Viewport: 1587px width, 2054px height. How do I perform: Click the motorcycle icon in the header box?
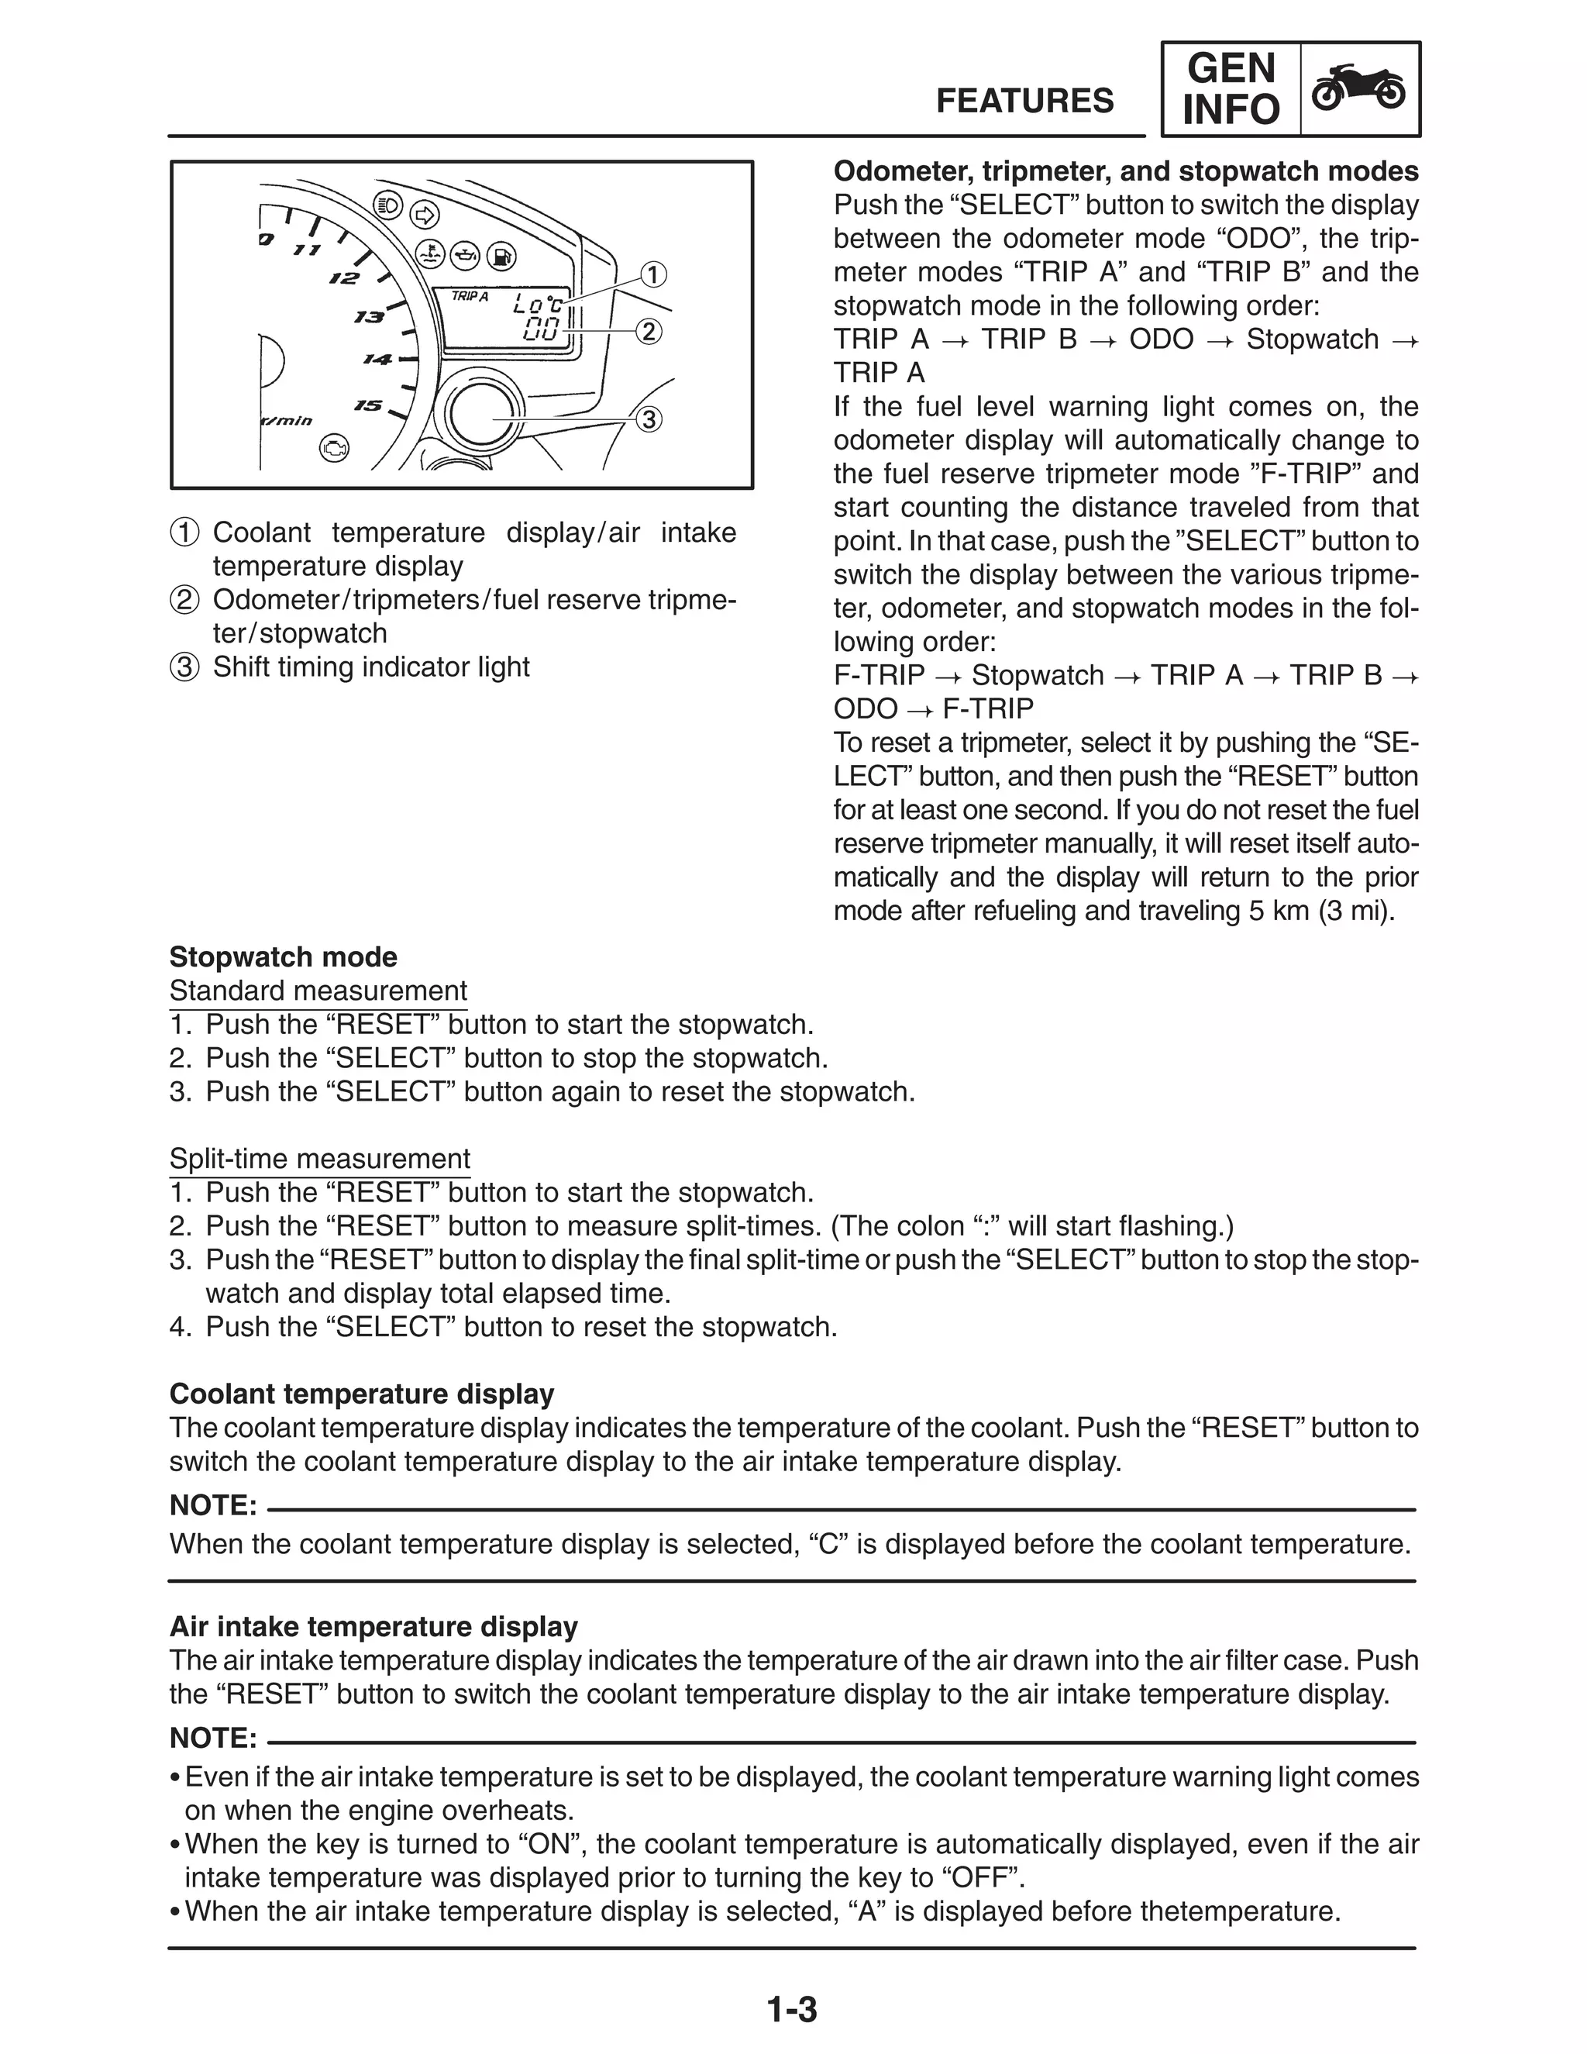click(x=1359, y=88)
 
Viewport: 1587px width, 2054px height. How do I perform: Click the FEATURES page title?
click(x=1024, y=101)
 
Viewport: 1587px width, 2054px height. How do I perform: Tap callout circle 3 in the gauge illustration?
click(x=649, y=419)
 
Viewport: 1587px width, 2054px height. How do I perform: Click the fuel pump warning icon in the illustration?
click(x=503, y=255)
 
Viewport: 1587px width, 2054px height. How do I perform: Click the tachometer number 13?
click(x=369, y=317)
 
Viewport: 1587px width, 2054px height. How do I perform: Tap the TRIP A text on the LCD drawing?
click(x=470, y=296)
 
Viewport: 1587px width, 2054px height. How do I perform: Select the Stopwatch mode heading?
click(x=283, y=957)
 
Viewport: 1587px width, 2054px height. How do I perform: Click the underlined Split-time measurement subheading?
click(x=320, y=1159)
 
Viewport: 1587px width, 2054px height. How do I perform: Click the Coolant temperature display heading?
click(x=361, y=1394)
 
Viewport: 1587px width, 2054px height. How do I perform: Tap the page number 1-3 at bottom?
click(x=792, y=2010)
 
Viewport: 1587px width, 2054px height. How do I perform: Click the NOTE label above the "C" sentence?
click(x=212, y=1506)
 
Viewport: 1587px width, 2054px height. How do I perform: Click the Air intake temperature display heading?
click(x=374, y=1627)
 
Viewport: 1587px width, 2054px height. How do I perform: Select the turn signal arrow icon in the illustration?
click(x=425, y=215)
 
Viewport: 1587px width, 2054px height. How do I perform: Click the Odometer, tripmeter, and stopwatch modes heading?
click(x=1125, y=171)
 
